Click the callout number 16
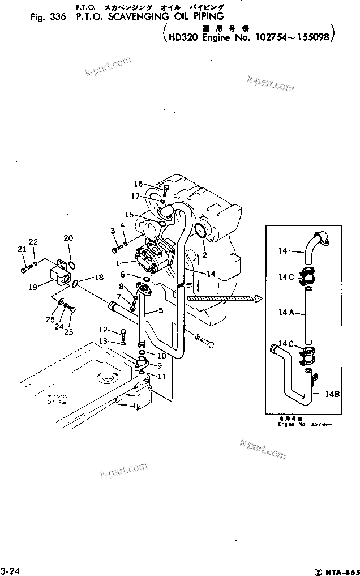click(x=138, y=184)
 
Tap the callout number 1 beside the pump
click(x=117, y=263)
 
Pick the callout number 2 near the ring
click(x=204, y=255)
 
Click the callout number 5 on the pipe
click(x=161, y=310)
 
